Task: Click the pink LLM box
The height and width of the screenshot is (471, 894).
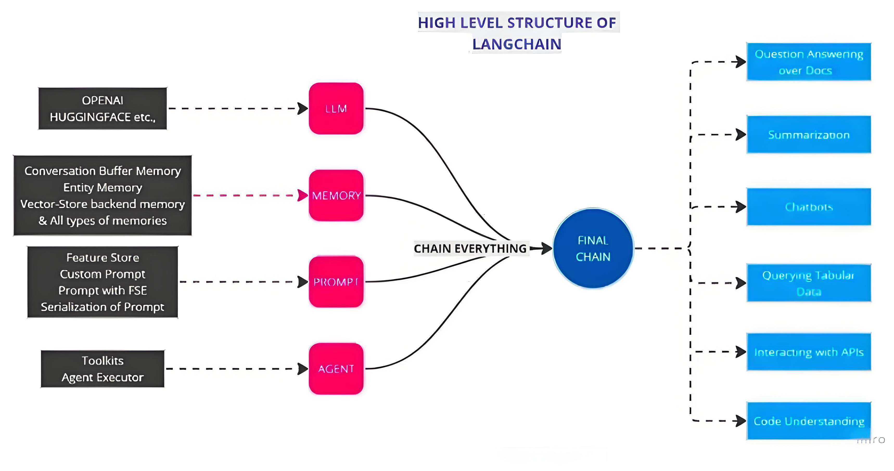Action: click(336, 109)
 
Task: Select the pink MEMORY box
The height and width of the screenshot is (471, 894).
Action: click(336, 195)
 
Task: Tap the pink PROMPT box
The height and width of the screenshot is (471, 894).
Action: click(336, 282)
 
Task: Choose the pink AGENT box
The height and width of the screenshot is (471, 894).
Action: click(336, 369)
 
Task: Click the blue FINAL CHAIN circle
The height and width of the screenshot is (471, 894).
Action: click(593, 248)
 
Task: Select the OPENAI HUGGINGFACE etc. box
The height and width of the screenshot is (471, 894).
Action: click(102, 109)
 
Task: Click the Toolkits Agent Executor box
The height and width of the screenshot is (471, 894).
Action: click(102, 369)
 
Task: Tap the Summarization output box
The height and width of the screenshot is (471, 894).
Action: click(809, 135)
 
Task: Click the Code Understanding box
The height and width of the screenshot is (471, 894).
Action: click(809, 421)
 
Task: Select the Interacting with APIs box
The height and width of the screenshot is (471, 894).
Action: click(809, 352)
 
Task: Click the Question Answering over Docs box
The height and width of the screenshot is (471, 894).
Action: click(809, 62)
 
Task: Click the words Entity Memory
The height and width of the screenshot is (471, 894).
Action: click(102, 188)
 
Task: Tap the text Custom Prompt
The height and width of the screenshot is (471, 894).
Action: click(102, 274)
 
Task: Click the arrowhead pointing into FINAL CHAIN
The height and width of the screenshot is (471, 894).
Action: click(547, 248)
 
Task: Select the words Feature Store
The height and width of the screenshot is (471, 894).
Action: click(102, 258)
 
